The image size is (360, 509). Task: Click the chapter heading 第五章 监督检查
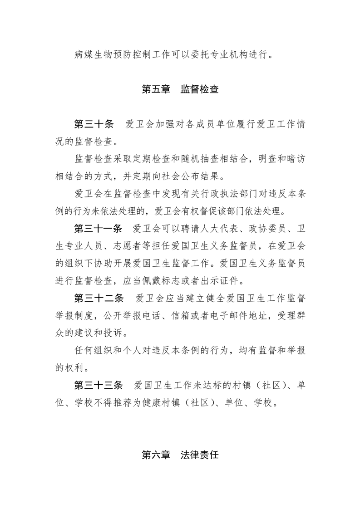(180, 89)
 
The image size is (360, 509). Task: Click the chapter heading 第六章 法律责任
(180, 455)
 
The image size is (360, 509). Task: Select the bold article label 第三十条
(94, 124)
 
